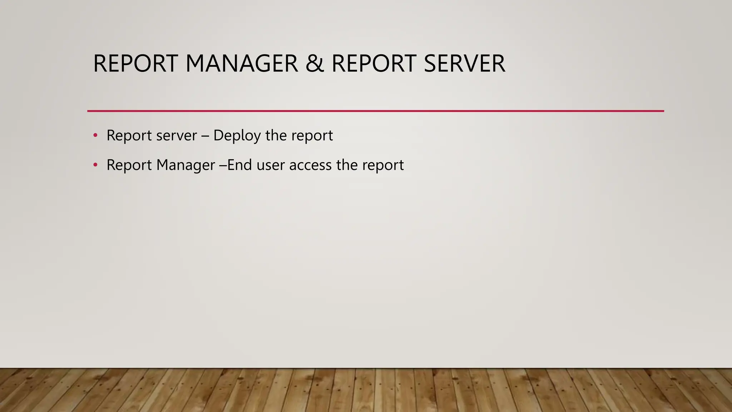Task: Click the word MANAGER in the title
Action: coord(242,64)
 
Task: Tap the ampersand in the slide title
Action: coord(315,64)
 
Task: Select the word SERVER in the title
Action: coord(464,64)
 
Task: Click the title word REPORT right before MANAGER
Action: coord(135,64)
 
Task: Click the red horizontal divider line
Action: coord(375,111)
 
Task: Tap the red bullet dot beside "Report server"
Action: coord(95,136)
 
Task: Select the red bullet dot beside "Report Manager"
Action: coord(95,165)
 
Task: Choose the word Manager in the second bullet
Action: coord(186,165)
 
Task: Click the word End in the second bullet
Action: coord(239,165)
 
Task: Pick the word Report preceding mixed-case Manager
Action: coord(129,165)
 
